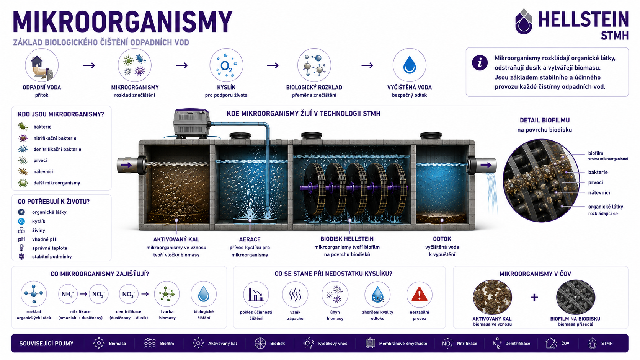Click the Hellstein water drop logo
coord(523,21)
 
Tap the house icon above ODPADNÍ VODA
coord(37,61)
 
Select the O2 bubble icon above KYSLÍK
coord(226,65)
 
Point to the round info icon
coord(480,62)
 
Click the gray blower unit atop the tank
coord(191,123)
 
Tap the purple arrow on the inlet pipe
coord(126,165)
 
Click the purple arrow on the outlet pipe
coord(486,165)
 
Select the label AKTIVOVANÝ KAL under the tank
coord(176,239)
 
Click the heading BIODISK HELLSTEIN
coord(347,239)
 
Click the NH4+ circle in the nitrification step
coord(68,294)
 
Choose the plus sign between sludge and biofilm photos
coord(534,298)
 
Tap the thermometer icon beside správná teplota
coord(21,248)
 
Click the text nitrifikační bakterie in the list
coord(55,138)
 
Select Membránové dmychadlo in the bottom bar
coord(403,344)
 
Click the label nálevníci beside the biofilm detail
coord(599,193)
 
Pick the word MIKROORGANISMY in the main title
coord(122,22)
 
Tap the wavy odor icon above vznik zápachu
coord(295,295)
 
